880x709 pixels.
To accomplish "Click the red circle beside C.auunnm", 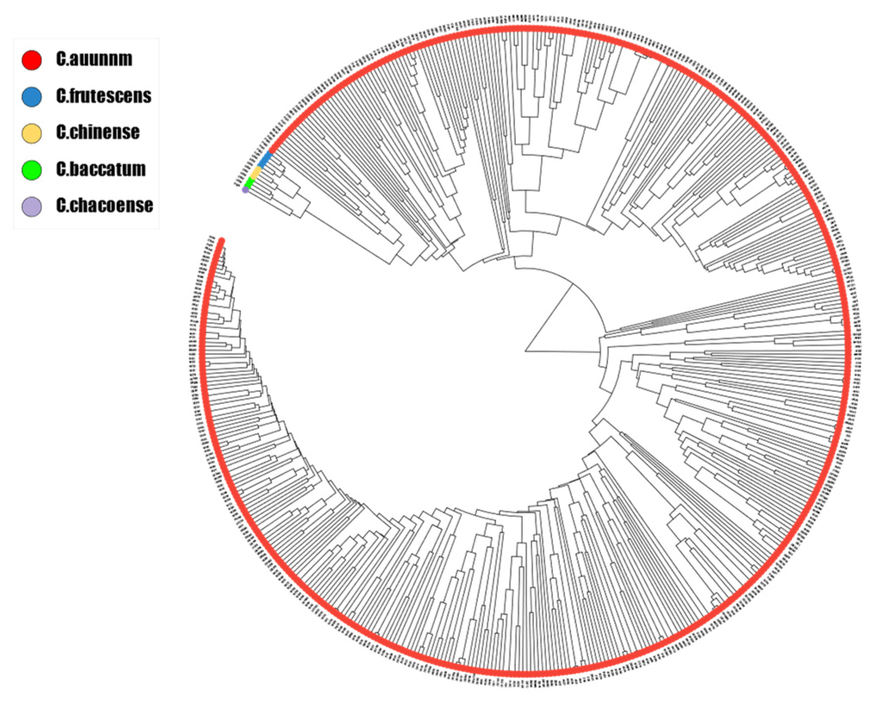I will [31, 60].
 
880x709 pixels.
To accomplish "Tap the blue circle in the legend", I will [31, 96].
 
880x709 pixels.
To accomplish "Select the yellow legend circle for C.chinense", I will [31, 133].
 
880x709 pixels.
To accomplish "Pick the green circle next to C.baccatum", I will [31, 170].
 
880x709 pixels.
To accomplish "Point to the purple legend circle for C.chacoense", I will [31, 206].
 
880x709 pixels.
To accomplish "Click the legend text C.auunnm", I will [94, 59].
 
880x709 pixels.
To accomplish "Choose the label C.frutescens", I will [103, 96].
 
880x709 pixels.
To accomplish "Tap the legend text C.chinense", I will [98, 132].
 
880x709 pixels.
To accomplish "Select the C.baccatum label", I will [101, 169].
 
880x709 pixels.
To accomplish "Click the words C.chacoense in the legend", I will [104, 205].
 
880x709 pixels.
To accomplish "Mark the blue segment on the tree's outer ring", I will [264, 160].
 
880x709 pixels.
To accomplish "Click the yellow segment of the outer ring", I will [256, 173].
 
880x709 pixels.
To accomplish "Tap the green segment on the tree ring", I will [249, 183].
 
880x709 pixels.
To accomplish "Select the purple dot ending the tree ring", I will [245, 190].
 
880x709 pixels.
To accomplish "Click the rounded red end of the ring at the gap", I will [221, 241].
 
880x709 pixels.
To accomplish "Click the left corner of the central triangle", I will [526, 351].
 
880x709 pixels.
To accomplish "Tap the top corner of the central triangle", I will [572, 285].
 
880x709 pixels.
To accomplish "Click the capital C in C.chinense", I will [61, 132].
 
